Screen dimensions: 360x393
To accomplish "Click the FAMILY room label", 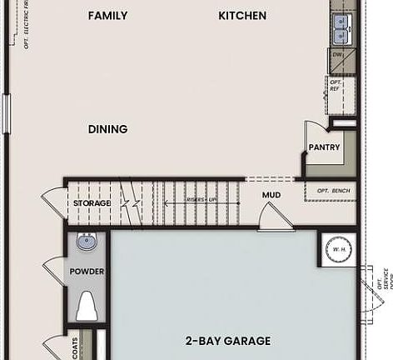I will click(x=107, y=16).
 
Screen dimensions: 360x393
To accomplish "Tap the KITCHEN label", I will click(x=242, y=16).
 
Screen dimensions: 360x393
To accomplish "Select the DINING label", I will click(x=107, y=129).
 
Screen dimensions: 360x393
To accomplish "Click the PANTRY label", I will click(x=323, y=147).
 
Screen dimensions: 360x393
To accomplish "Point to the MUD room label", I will click(x=271, y=196).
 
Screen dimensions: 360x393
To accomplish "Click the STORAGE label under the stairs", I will click(x=92, y=202).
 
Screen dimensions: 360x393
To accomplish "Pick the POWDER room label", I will click(x=87, y=272).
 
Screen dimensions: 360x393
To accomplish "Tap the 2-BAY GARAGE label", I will click(x=227, y=341).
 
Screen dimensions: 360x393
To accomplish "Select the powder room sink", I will click(x=87, y=242).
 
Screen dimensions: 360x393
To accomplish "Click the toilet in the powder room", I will click(x=87, y=307).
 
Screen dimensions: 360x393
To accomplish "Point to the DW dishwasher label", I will click(x=338, y=55).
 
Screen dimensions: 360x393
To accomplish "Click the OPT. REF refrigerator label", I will click(x=336, y=85).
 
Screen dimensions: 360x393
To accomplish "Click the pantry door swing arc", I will click(x=311, y=133).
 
